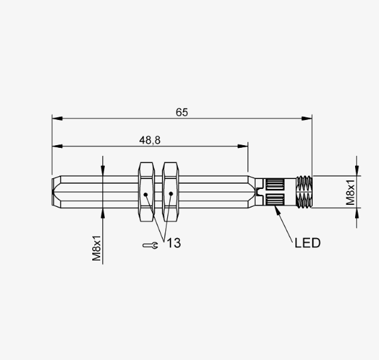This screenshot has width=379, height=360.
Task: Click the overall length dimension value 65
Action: tap(182, 112)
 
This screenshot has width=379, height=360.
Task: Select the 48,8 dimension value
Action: tap(149, 140)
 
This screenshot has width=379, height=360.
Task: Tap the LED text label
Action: tap(308, 243)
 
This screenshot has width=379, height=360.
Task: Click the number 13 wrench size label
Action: tap(174, 243)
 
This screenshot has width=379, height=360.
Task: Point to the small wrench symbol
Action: tap(151, 245)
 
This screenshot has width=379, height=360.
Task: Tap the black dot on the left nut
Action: tap(145, 194)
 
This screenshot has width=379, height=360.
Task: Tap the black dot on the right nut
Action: tap(171, 194)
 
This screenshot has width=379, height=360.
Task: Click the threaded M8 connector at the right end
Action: tap(304, 192)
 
